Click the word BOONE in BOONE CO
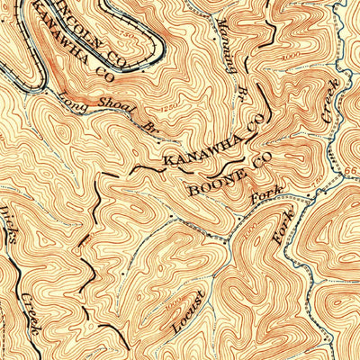click(211, 185)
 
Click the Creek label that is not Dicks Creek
click(330, 100)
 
